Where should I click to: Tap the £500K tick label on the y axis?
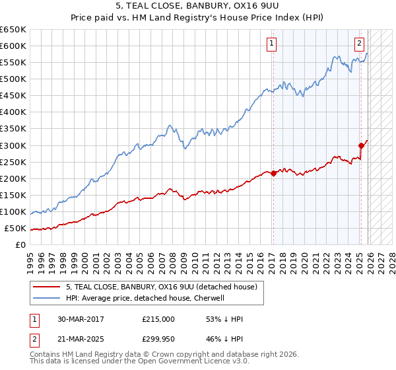coord(13,79)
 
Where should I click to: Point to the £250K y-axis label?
coord(13,162)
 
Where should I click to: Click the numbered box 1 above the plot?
coord(271,44)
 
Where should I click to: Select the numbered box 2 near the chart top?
coord(359,44)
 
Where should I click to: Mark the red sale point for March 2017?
coord(273,173)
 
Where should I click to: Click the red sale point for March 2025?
coord(361,145)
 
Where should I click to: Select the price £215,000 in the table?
coord(158,319)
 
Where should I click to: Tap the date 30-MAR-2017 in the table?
coord(79,319)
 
